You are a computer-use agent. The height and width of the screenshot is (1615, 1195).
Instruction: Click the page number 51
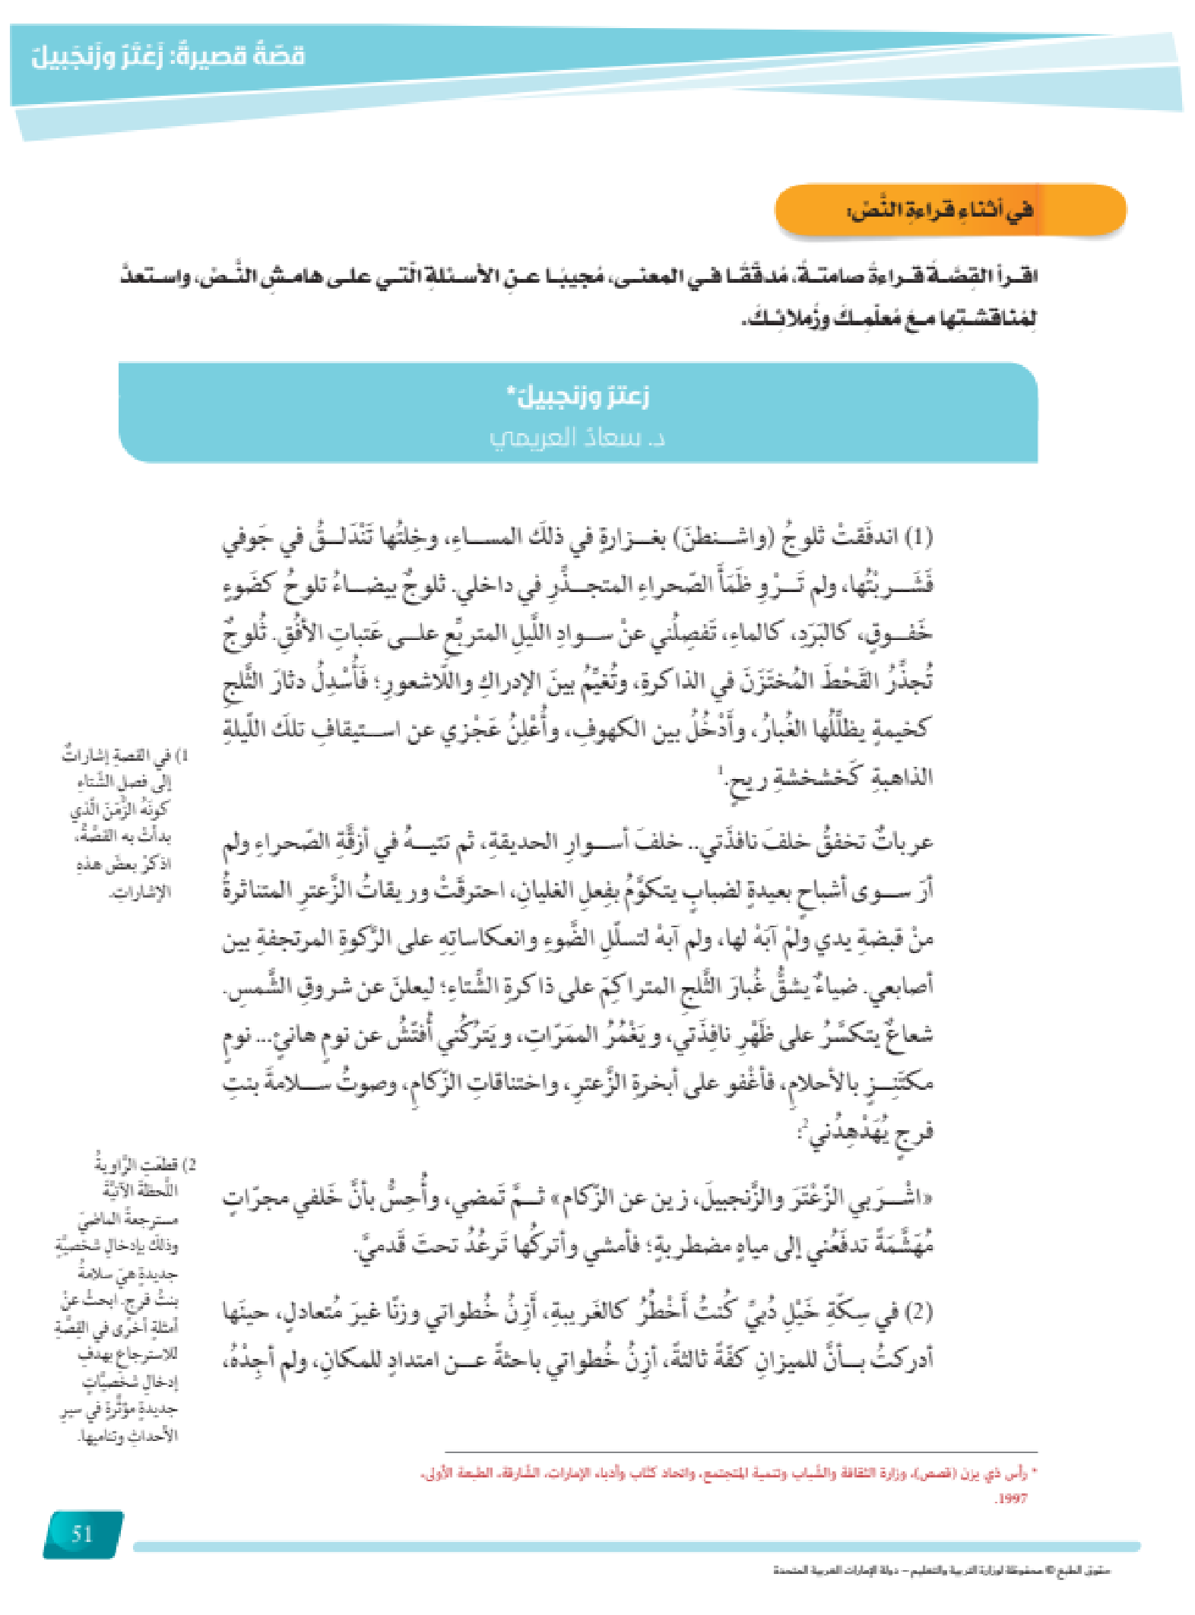(x=82, y=1534)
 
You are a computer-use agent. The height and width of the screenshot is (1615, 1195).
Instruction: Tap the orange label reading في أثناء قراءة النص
(x=941, y=210)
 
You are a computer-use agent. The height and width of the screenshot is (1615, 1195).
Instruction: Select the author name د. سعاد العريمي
(x=577, y=439)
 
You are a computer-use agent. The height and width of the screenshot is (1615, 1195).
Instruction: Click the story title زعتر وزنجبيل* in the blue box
(x=578, y=396)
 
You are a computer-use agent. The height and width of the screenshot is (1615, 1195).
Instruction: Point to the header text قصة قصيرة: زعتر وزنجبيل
(x=168, y=56)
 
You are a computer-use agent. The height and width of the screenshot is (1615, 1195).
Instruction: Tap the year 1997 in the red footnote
(x=1011, y=1498)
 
